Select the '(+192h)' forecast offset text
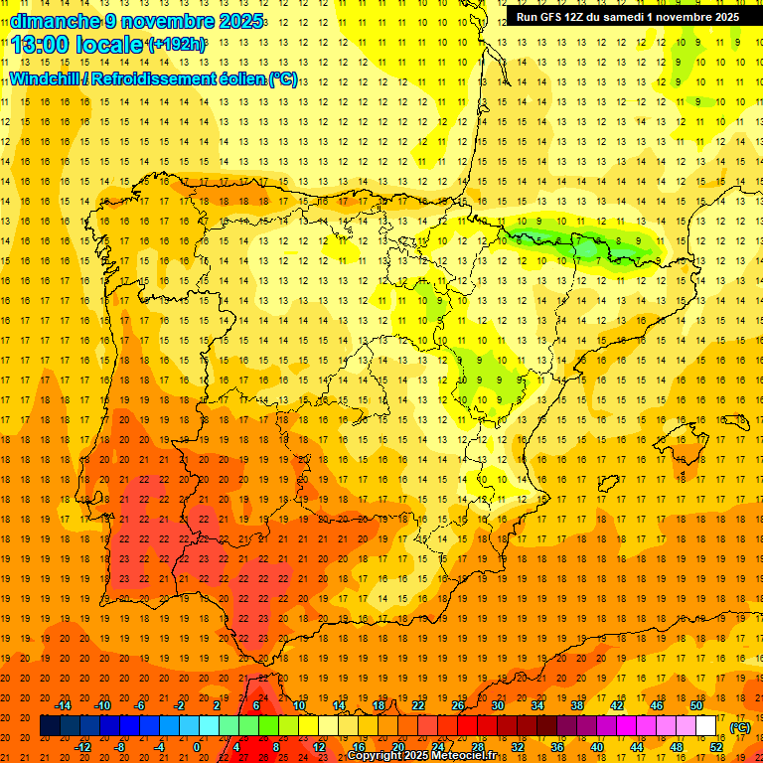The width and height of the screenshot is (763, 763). click(x=177, y=45)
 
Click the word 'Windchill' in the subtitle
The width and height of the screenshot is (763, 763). click(x=45, y=78)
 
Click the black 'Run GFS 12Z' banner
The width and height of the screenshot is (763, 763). click(x=627, y=17)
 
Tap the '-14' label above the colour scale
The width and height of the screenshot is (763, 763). click(x=63, y=705)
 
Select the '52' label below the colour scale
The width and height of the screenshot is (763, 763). click(x=716, y=747)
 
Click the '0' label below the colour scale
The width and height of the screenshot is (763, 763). click(x=197, y=747)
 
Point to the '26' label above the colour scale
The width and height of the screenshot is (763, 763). click(x=458, y=705)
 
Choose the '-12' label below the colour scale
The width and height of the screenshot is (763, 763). click(x=82, y=747)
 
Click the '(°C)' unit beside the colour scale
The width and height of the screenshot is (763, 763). click(x=740, y=727)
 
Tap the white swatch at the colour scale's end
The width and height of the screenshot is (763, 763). click(x=706, y=726)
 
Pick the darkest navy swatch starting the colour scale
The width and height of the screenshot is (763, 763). click(x=50, y=726)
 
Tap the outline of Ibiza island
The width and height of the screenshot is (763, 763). click(x=608, y=483)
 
